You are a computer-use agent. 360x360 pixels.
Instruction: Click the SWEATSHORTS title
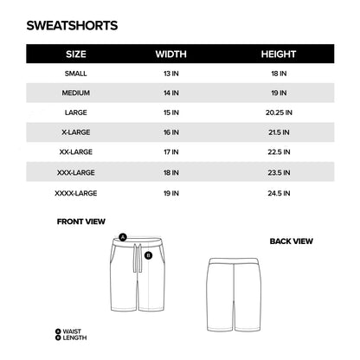coord(72,27)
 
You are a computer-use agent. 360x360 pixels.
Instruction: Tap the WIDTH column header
coord(170,54)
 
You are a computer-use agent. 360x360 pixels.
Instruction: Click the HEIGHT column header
coord(279,54)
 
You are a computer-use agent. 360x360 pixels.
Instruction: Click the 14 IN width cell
coord(170,93)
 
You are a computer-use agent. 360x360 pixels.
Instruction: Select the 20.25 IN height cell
coord(279,112)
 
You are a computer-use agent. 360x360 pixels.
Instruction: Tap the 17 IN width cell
coord(170,151)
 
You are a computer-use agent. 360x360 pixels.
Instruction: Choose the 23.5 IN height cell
coord(279,171)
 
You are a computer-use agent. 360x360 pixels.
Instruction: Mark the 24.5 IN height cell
coord(279,191)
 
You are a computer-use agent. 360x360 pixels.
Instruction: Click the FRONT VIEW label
coord(81,222)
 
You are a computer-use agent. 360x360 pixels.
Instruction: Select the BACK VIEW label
coord(291,241)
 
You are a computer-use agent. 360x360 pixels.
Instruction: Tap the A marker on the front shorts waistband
coord(123,236)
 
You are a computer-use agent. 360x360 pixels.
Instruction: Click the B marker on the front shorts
coord(149,255)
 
